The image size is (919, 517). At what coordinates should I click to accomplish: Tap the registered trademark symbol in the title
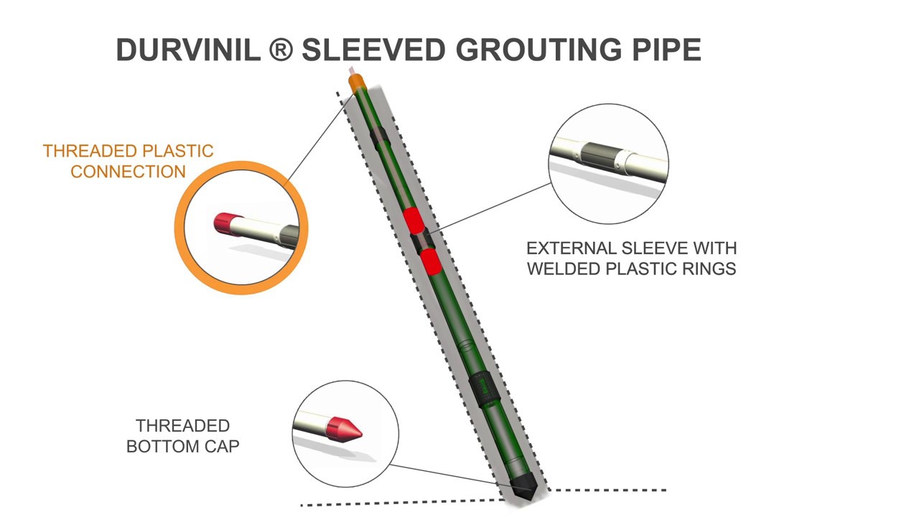coord(281,50)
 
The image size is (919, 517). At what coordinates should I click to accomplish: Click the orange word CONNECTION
coord(128,172)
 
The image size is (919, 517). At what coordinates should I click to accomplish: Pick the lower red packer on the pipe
coord(430,262)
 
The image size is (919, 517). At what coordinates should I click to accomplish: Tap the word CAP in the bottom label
coord(223,446)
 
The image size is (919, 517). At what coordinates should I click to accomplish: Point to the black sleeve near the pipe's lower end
coord(484,390)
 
